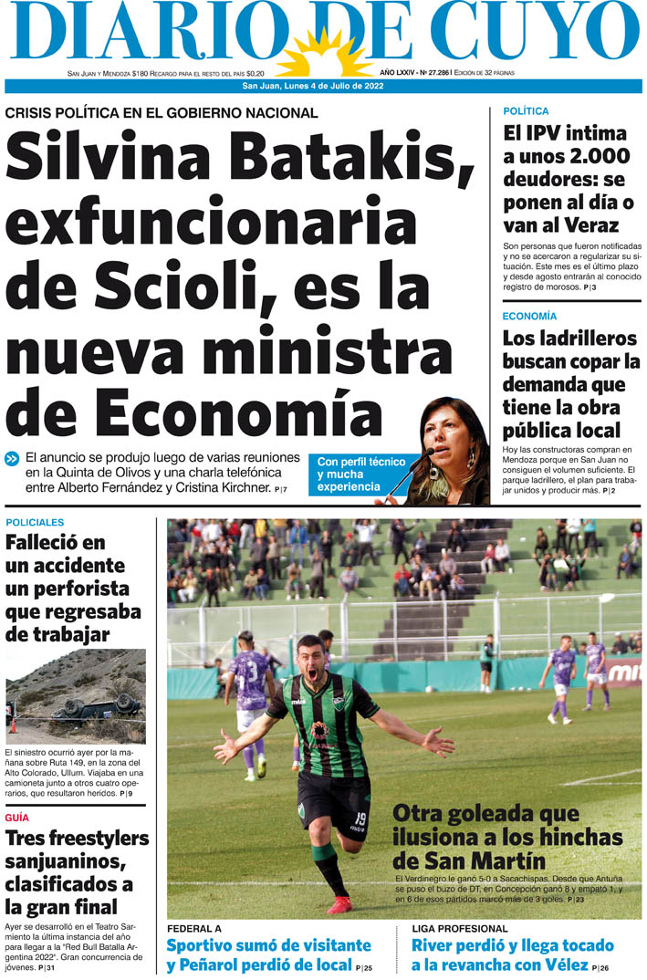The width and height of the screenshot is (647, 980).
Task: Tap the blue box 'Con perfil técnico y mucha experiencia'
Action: (360, 474)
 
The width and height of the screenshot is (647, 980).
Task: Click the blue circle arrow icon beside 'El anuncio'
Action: (12, 459)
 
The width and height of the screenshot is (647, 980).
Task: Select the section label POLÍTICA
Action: (526, 111)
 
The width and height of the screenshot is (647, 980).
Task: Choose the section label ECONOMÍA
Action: (529, 316)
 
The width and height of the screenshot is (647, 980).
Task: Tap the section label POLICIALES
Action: (34, 523)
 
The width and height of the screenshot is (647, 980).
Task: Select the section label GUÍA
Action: (16, 818)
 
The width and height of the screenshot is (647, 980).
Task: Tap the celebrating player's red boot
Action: (339, 904)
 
